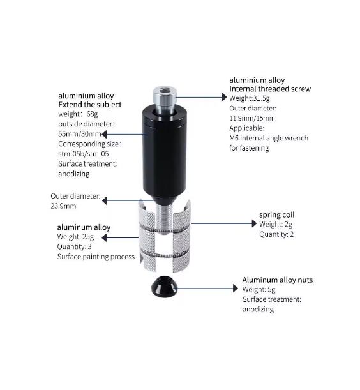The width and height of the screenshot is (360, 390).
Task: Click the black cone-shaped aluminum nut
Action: click(x=164, y=287)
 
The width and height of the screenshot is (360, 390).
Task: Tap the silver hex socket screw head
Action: click(x=165, y=95)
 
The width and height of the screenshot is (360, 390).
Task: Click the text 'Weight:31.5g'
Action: click(x=250, y=98)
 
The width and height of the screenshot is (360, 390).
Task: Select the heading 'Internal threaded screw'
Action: click(x=270, y=89)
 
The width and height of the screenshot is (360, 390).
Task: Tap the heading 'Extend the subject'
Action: click(x=90, y=105)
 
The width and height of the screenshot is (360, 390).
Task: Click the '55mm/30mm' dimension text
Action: click(x=80, y=134)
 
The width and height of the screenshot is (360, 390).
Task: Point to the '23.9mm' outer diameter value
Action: click(x=63, y=206)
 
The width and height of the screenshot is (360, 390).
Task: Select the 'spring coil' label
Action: click(x=276, y=215)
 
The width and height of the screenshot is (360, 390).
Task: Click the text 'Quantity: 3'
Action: click(x=74, y=246)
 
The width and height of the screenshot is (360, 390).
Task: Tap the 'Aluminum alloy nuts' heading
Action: click(x=278, y=280)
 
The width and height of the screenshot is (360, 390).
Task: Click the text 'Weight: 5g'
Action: click(x=259, y=290)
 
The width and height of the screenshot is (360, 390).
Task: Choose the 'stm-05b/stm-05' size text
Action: click(x=84, y=154)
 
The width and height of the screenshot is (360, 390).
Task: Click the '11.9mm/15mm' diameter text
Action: click(x=252, y=118)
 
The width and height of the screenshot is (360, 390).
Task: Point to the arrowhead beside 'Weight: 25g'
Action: click(x=104, y=238)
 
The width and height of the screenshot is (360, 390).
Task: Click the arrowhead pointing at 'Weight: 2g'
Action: click(x=254, y=223)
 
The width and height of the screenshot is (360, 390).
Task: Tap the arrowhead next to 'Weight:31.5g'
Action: click(x=225, y=97)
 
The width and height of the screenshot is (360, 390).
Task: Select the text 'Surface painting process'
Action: click(x=96, y=257)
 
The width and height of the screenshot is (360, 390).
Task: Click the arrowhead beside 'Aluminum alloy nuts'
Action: click(x=236, y=289)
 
